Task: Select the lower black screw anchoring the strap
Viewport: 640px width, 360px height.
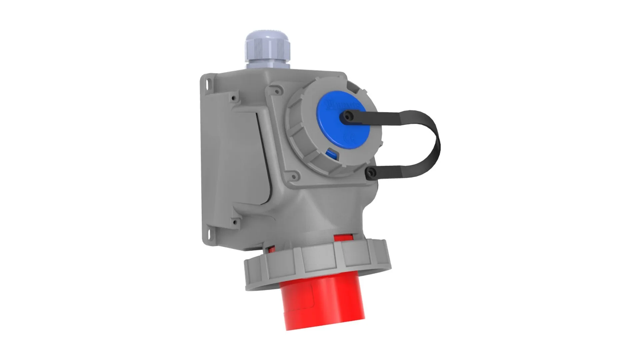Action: coord(371,172)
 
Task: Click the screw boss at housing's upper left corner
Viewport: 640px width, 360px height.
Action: coord(233,98)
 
